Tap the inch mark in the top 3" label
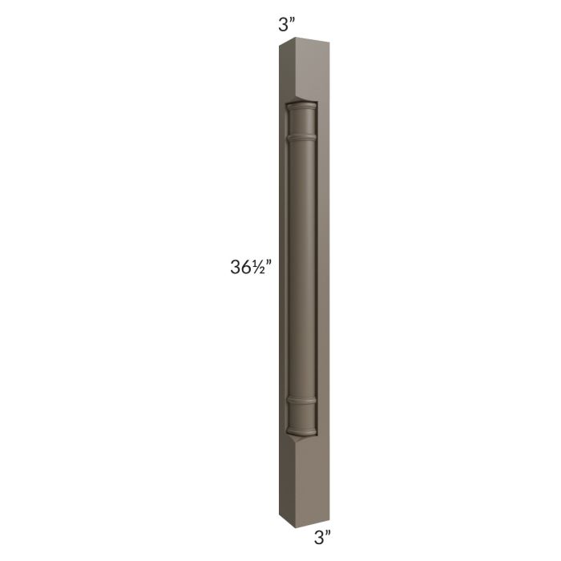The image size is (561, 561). click(x=293, y=21)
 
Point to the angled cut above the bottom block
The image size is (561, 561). click(x=300, y=435)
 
